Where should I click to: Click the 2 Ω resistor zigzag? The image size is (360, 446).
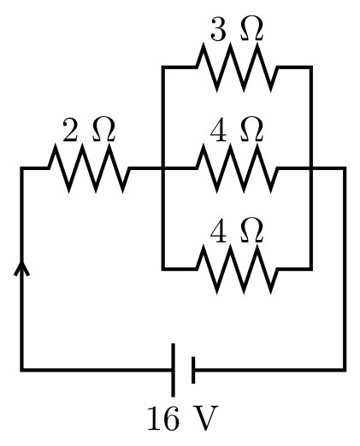pos(89,168)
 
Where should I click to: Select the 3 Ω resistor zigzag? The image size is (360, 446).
pos(237,67)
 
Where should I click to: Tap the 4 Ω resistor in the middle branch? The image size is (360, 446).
pos(237,168)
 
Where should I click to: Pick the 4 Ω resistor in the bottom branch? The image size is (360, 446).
pos(237,269)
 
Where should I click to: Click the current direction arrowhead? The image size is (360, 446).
pos(21,268)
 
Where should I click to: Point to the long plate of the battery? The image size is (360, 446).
pos(173,370)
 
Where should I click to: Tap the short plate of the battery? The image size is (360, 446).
pos(193,370)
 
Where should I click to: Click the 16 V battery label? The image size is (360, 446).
pos(183,418)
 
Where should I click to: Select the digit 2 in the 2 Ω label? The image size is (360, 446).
pos(70,130)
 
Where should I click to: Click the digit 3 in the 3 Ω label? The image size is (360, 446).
pos(218,29)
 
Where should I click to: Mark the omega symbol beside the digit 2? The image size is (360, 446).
pos(103,130)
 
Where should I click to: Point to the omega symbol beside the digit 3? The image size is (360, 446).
pos(251,28)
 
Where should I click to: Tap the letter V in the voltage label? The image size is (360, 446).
pos(207,418)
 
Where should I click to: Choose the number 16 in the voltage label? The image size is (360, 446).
pos(163,418)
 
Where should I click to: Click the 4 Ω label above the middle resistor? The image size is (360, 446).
pos(236,130)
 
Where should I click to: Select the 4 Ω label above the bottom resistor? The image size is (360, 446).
pos(236,231)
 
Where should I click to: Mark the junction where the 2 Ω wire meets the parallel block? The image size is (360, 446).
pos(163,168)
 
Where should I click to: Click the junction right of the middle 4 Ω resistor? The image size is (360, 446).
pos(311,168)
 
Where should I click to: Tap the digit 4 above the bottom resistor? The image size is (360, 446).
pos(218,231)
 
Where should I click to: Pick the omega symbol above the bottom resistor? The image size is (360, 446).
pos(251,231)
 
